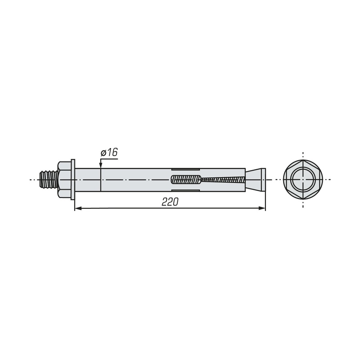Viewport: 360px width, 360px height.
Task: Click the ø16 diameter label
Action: point(109,152)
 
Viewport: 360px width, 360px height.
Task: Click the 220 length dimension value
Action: point(170,202)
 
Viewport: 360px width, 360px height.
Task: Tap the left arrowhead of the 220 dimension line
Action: point(78,208)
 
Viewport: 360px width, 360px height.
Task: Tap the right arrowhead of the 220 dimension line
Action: point(262,208)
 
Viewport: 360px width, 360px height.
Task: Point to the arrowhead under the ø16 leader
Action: point(100,165)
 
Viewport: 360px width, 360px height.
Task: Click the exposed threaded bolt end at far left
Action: point(48,179)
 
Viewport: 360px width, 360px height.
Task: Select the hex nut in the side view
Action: point(64,180)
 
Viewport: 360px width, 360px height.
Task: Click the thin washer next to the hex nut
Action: point(73,180)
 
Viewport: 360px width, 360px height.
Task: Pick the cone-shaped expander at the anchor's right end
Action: point(253,179)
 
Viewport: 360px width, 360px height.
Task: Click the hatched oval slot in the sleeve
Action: point(186,179)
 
